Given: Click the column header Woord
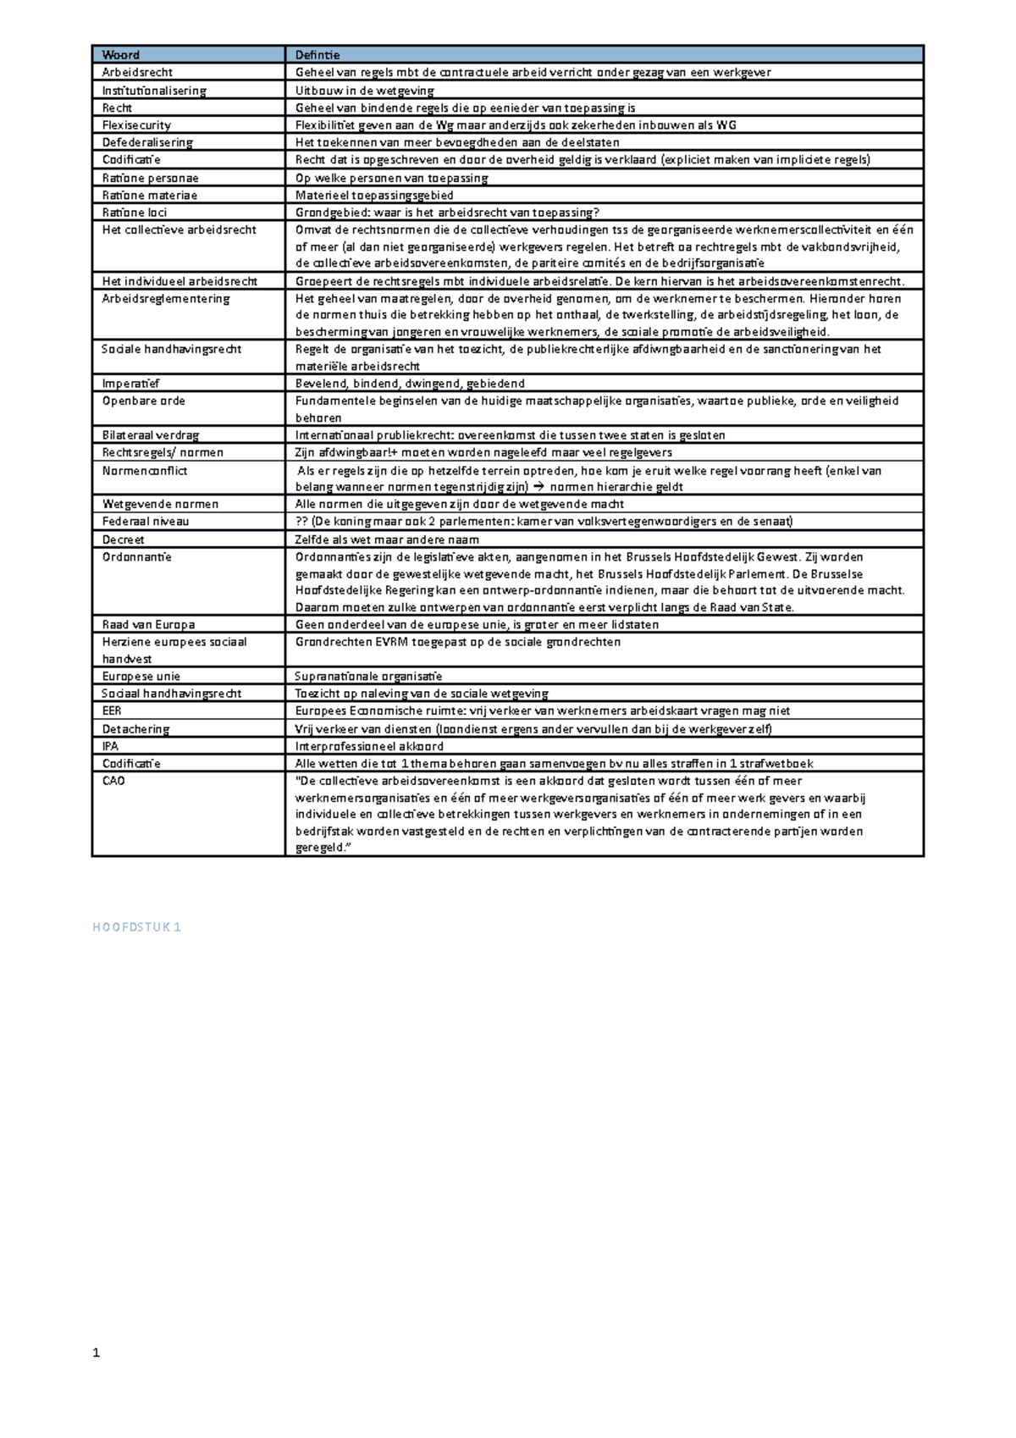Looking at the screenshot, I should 120,55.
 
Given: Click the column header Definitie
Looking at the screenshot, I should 317,55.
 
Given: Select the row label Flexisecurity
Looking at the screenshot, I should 136,125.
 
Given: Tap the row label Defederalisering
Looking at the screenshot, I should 147,142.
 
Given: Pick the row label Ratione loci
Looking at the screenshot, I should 135,213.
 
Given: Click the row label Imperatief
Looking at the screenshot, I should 130,384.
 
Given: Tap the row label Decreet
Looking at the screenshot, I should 123,539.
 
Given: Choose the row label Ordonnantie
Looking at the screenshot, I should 136,557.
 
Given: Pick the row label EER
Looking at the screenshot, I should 112,711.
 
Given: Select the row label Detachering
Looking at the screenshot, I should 135,729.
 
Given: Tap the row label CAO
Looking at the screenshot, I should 113,781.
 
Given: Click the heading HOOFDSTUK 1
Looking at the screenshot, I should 136,927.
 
